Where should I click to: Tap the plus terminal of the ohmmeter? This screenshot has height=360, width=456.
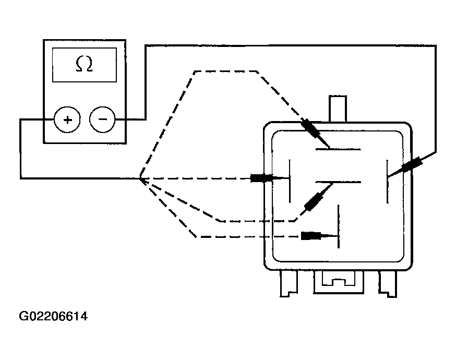pyautogui.click(x=67, y=119)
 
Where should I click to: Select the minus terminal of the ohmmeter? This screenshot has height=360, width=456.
pyautogui.click(x=103, y=119)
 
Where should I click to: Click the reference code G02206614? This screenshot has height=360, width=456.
pyautogui.click(x=53, y=317)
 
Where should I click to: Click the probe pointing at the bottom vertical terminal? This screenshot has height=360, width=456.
pyautogui.click(x=312, y=236)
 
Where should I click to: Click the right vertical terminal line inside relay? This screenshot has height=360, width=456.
pyautogui.click(x=387, y=182)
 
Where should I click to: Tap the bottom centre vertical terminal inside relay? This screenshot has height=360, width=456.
pyautogui.click(x=339, y=227)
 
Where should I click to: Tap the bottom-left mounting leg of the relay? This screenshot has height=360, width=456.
pyautogui.click(x=287, y=284)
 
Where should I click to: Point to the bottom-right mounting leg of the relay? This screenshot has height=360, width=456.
pyautogui.click(x=387, y=284)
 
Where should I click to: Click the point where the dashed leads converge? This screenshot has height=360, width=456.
pyautogui.click(x=140, y=178)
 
